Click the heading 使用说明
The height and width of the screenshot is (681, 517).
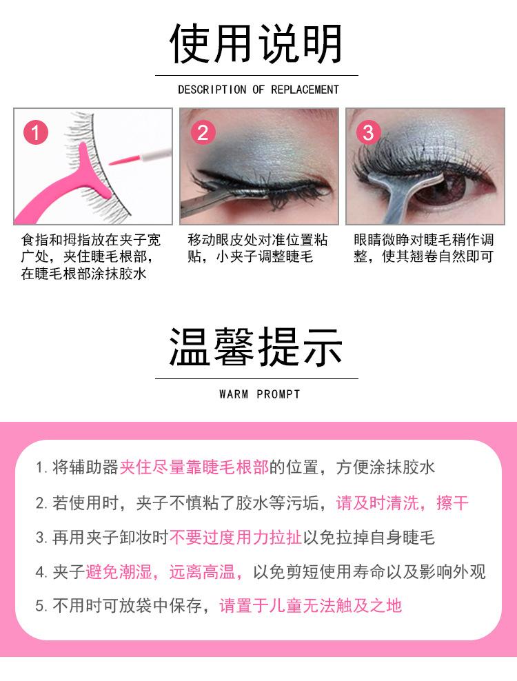[256, 43]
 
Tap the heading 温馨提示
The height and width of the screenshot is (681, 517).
[256, 347]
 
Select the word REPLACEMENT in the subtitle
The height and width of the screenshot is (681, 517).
[305, 90]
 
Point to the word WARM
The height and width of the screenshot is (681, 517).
[233, 394]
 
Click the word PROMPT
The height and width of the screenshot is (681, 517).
[278, 394]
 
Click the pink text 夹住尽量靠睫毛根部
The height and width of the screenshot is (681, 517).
[194, 467]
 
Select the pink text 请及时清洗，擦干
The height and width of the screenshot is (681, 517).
[402, 502]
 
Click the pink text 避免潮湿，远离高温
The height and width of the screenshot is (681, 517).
[165, 571]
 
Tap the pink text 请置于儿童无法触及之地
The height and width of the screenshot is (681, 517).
[310, 606]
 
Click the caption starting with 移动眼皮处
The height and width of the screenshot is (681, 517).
[257, 248]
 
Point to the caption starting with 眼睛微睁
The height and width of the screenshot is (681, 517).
[423, 248]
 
